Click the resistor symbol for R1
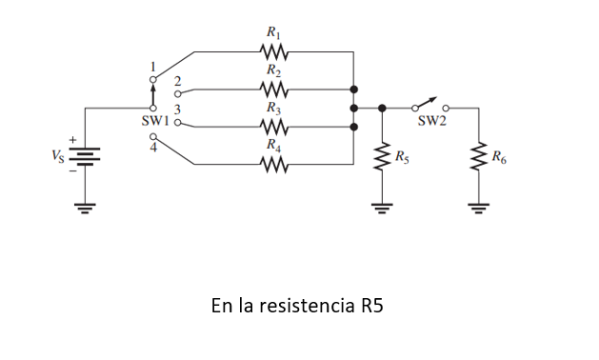[x=273, y=51]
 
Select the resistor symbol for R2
[x=273, y=89]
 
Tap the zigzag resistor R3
[x=273, y=126]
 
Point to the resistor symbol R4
[x=273, y=164]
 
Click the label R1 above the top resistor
[x=273, y=34]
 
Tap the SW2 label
[x=431, y=122]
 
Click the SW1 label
[x=128, y=122]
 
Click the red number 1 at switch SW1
[x=152, y=66]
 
